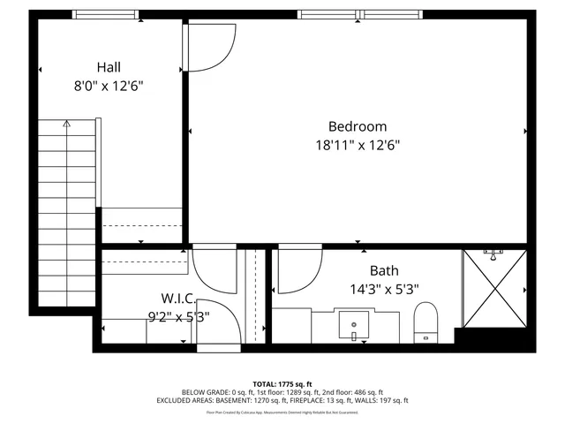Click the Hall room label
point(109,67)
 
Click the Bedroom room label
point(358,126)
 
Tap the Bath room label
point(384,270)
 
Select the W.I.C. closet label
point(178,298)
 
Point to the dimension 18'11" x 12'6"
point(358,146)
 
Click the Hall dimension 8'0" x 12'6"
point(109,86)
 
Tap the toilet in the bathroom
point(426,321)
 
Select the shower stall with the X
point(495,288)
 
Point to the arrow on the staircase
point(66,125)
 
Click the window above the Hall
point(105,14)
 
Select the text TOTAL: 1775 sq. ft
point(282,383)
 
